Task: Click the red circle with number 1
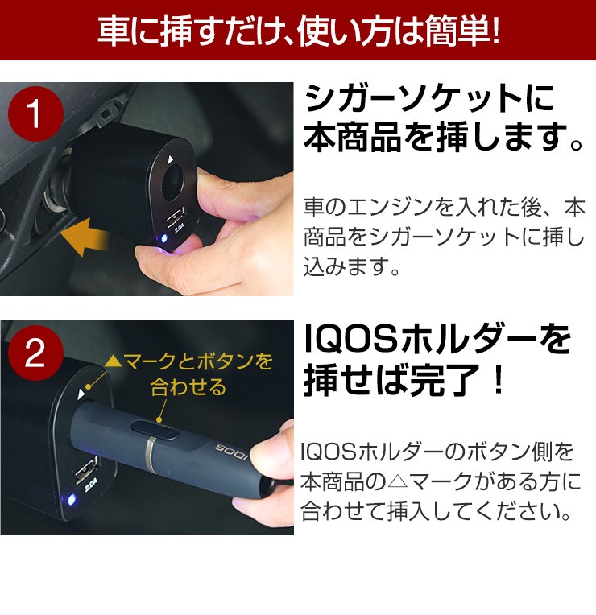point(35,114)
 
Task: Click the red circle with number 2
point(35,353)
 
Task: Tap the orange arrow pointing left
point(85,237)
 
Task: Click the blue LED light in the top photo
point(164,238)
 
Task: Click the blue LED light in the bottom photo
point(72,500)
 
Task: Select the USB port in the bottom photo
point(85,469)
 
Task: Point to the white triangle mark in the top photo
point(170,159)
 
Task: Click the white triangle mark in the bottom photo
point(81,394)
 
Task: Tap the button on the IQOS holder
point(156,431)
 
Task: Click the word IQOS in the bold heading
point(351,340)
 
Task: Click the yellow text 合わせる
point(188,386)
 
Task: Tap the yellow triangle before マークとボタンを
point(114,361)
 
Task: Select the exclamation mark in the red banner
point(495,31)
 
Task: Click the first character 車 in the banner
point(113,31)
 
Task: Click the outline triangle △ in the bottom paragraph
point(399,481)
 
